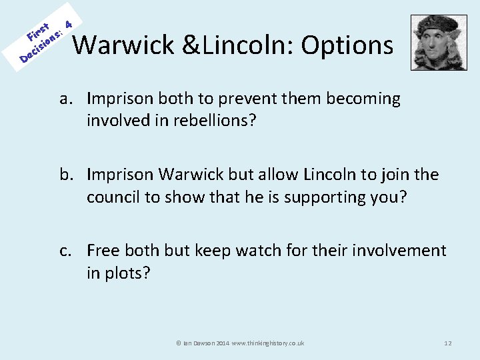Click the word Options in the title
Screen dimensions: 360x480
point(347,45)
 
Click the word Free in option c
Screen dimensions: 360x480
point(103,251)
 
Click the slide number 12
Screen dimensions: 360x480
point(447,343)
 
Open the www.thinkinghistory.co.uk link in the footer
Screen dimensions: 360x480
point(268,343)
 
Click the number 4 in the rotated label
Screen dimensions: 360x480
point(67,15)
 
